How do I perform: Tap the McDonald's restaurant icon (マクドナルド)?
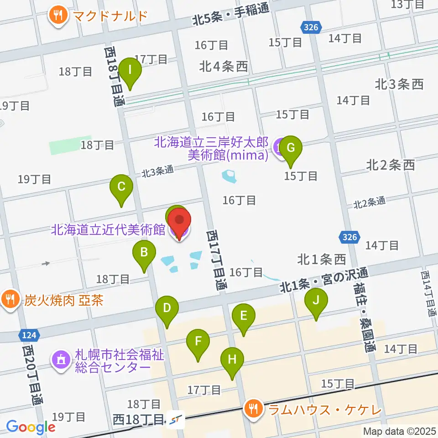click(57, 16)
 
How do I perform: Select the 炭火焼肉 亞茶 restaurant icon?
click(10, 300)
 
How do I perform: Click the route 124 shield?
click(28, 336)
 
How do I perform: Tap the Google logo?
click(31, 427)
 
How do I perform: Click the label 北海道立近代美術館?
click(108, 229)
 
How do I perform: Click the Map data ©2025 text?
click(399, 431)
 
